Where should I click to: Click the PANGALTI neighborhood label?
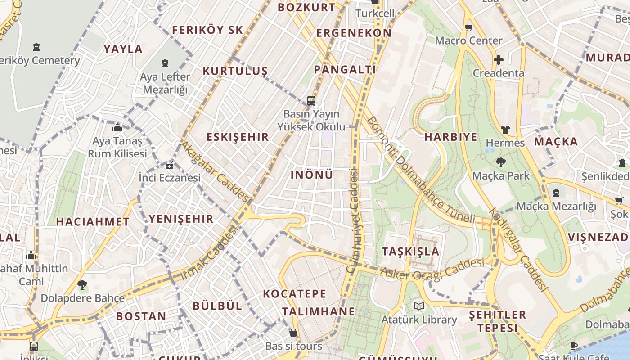click(x=345, y=69)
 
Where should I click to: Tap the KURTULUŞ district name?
click(x=235, y=71)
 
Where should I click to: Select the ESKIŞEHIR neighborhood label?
click(x=238, y=137)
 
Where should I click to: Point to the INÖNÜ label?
click(x=312, y=175)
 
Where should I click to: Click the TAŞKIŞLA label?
click(x=410, y=251)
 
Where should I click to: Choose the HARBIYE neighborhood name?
click(x=450, y=137)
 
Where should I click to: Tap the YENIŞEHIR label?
click(x=181, y=219)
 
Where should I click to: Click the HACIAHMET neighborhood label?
click(x=93, y=221)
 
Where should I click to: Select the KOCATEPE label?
click(x=294, y=294)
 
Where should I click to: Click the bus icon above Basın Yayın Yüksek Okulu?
click(x=311, y=101)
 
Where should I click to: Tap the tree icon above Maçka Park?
click(x=500, y=162)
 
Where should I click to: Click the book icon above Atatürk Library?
click(x=419, y=306)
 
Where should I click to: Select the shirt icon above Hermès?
click(x=505, y=130)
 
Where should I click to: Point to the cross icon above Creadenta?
click(x=498, y=59)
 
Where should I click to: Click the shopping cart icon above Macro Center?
click(x=468, y=27)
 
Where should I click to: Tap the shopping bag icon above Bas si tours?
click(x=293, y=333)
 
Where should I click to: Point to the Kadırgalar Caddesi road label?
click(x=517, y=250)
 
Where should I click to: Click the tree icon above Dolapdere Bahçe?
click(x=82, y=284)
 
